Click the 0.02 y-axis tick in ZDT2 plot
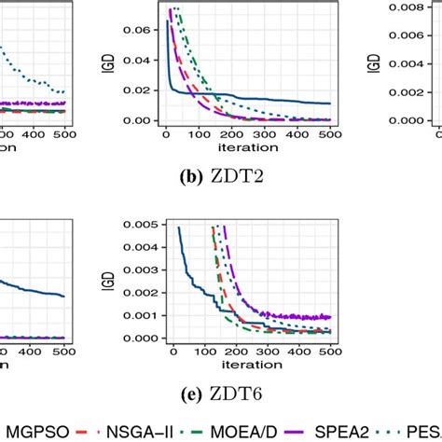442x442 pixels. click(143, 90)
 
